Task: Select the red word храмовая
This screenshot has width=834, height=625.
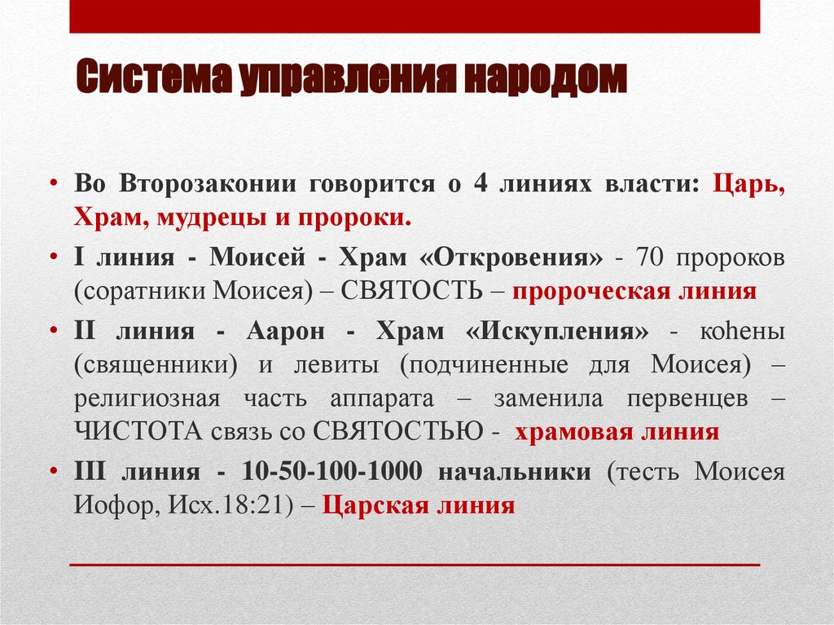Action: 569,432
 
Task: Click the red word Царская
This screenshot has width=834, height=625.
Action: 371,506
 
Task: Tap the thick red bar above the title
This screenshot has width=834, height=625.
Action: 415,16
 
